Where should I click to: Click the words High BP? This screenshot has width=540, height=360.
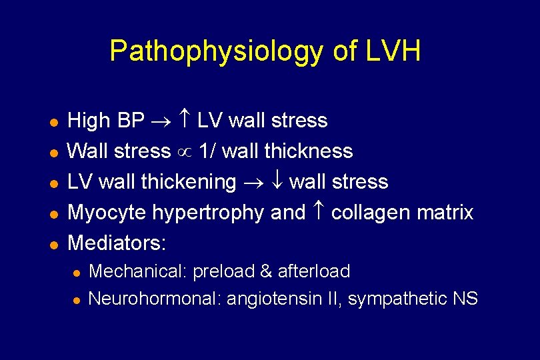tap(106, 121)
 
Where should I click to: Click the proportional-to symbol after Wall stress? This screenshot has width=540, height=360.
tap(185, 152)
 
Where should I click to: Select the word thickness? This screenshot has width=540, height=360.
tap(308, 151)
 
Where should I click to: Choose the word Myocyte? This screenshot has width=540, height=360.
tap(107, 213)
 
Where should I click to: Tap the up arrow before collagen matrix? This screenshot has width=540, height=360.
tap(318, 213)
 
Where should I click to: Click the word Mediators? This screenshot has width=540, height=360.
tap(117, 243)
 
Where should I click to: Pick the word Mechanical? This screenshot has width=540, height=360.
tap(138, 271)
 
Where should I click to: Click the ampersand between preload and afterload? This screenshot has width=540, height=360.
tap(266, 271)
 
